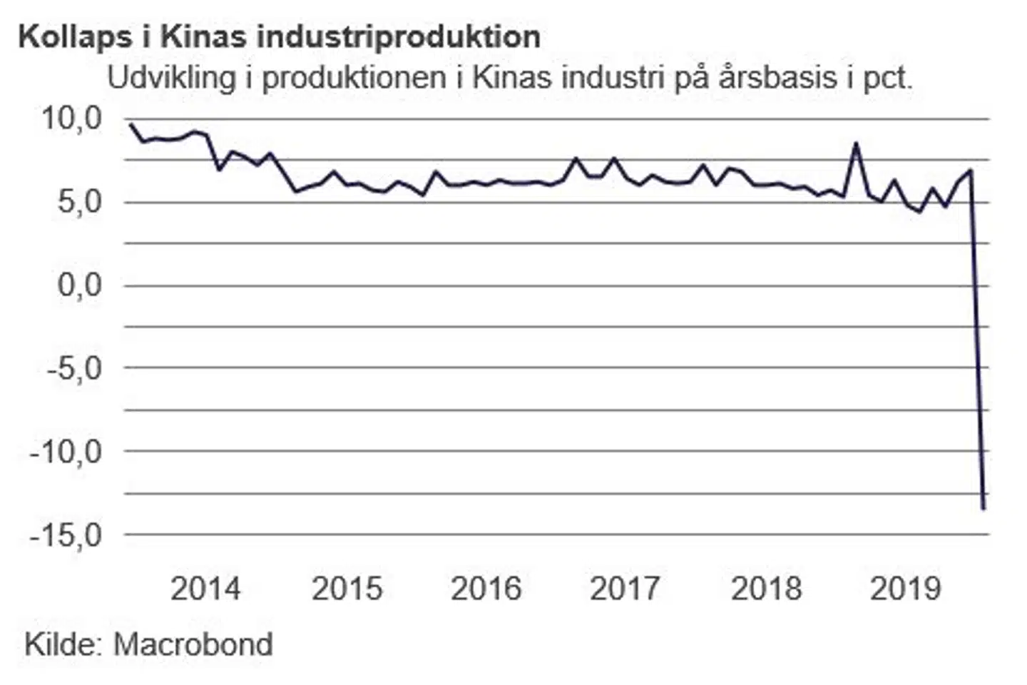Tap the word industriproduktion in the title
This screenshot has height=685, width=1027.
click(399, 37)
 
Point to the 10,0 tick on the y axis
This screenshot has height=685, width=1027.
click(72, 118)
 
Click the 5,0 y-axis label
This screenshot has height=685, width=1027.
click(80, 202)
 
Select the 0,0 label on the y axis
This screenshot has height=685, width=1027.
click(80, 285)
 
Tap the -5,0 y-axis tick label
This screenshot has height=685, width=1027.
click(74, 369)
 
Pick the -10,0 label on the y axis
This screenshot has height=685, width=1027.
click(66, 452)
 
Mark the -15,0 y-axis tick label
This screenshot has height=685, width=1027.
click(66, 535)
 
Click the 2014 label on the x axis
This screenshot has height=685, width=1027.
click(205, 589)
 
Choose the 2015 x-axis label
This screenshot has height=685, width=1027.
click(347, 589)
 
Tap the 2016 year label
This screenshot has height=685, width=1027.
click(486, 589)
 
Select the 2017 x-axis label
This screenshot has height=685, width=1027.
click(625, 589)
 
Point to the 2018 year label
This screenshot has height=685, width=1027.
click(766, 589)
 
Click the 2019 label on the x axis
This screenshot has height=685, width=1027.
click(905, 589)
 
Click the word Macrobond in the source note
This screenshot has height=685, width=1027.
click(193, 644)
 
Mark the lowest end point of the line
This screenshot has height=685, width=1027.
click(983, 509)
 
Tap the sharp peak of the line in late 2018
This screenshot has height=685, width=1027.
click(856, 143)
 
